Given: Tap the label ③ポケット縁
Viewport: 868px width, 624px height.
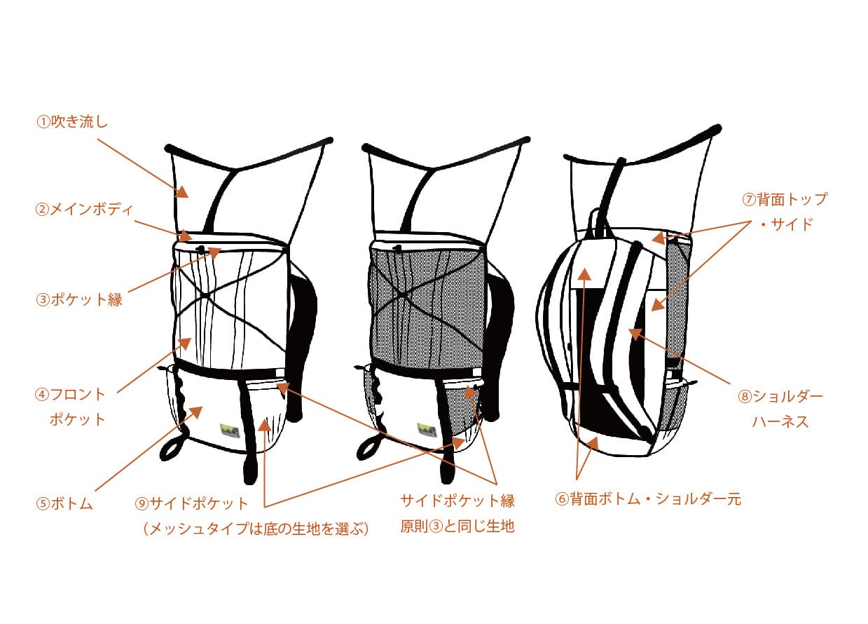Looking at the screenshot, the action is tap(79, 299).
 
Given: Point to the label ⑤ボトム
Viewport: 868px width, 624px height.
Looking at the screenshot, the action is tap(64, 503).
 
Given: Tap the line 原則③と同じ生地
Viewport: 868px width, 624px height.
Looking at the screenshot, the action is tap(457, 526).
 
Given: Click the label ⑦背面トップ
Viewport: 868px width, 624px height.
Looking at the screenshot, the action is tap(785, 199).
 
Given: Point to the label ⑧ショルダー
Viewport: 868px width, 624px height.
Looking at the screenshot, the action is tap(780, 396).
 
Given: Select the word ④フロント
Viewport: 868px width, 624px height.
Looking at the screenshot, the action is tap(70, 394).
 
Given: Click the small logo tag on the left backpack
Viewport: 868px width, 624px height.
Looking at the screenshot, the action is tap(229, 428).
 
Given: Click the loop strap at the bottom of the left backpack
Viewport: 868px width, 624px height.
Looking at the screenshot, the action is tap(174, 447).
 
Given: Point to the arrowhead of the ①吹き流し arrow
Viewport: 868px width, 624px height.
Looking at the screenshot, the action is tap(184, 191).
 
